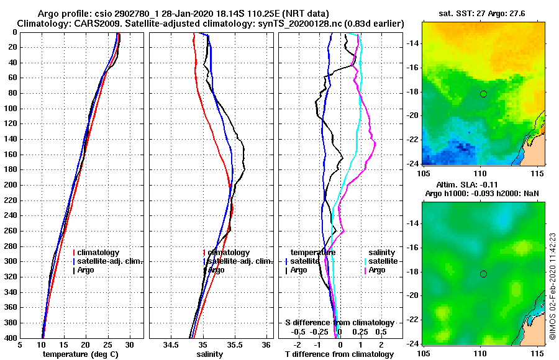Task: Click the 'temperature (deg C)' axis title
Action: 81,354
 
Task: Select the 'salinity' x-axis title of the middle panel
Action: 211,354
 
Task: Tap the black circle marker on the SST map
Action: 483,94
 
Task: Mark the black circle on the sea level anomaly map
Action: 483,274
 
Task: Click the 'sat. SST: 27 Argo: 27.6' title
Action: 483,14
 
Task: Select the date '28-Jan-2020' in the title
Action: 161,14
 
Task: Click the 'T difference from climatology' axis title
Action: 339,354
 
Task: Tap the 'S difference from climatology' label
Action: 339,323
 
